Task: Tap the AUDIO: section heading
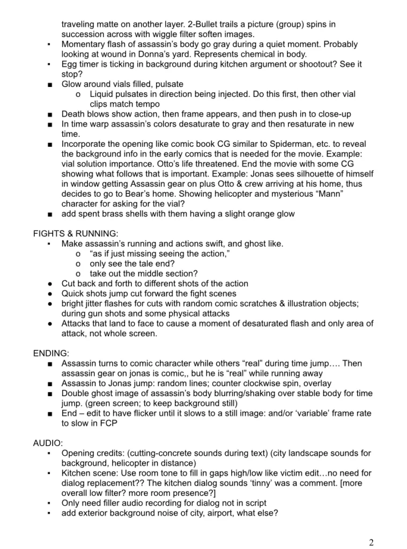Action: [x=47, y=443]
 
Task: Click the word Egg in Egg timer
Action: [x=70, y=64]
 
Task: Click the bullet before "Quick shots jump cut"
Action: [x=49, y=293]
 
